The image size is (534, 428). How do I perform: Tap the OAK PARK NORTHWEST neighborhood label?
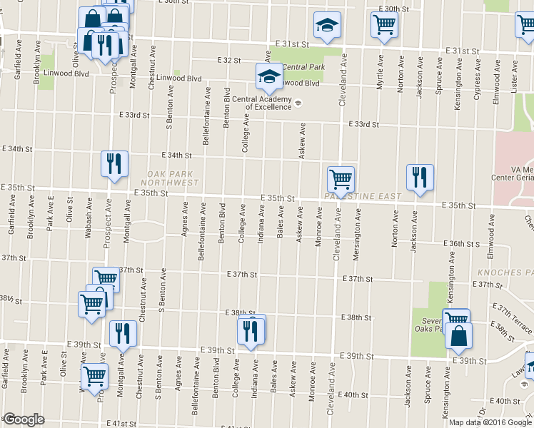pos(173,178)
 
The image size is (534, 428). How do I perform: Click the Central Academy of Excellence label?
pos(268,103)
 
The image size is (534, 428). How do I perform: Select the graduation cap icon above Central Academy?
pos(269,76)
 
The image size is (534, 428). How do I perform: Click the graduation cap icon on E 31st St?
pos(327,26)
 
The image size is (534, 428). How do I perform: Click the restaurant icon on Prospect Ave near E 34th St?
pos(114,163)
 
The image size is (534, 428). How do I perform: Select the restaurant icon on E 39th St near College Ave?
pos(251,330)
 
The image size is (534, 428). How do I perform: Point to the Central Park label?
pos(303,68)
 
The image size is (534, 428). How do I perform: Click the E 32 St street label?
pos(231,61)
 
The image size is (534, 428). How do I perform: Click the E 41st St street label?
pos(122,423)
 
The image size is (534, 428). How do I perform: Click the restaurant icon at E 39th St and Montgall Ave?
pos(123,334)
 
